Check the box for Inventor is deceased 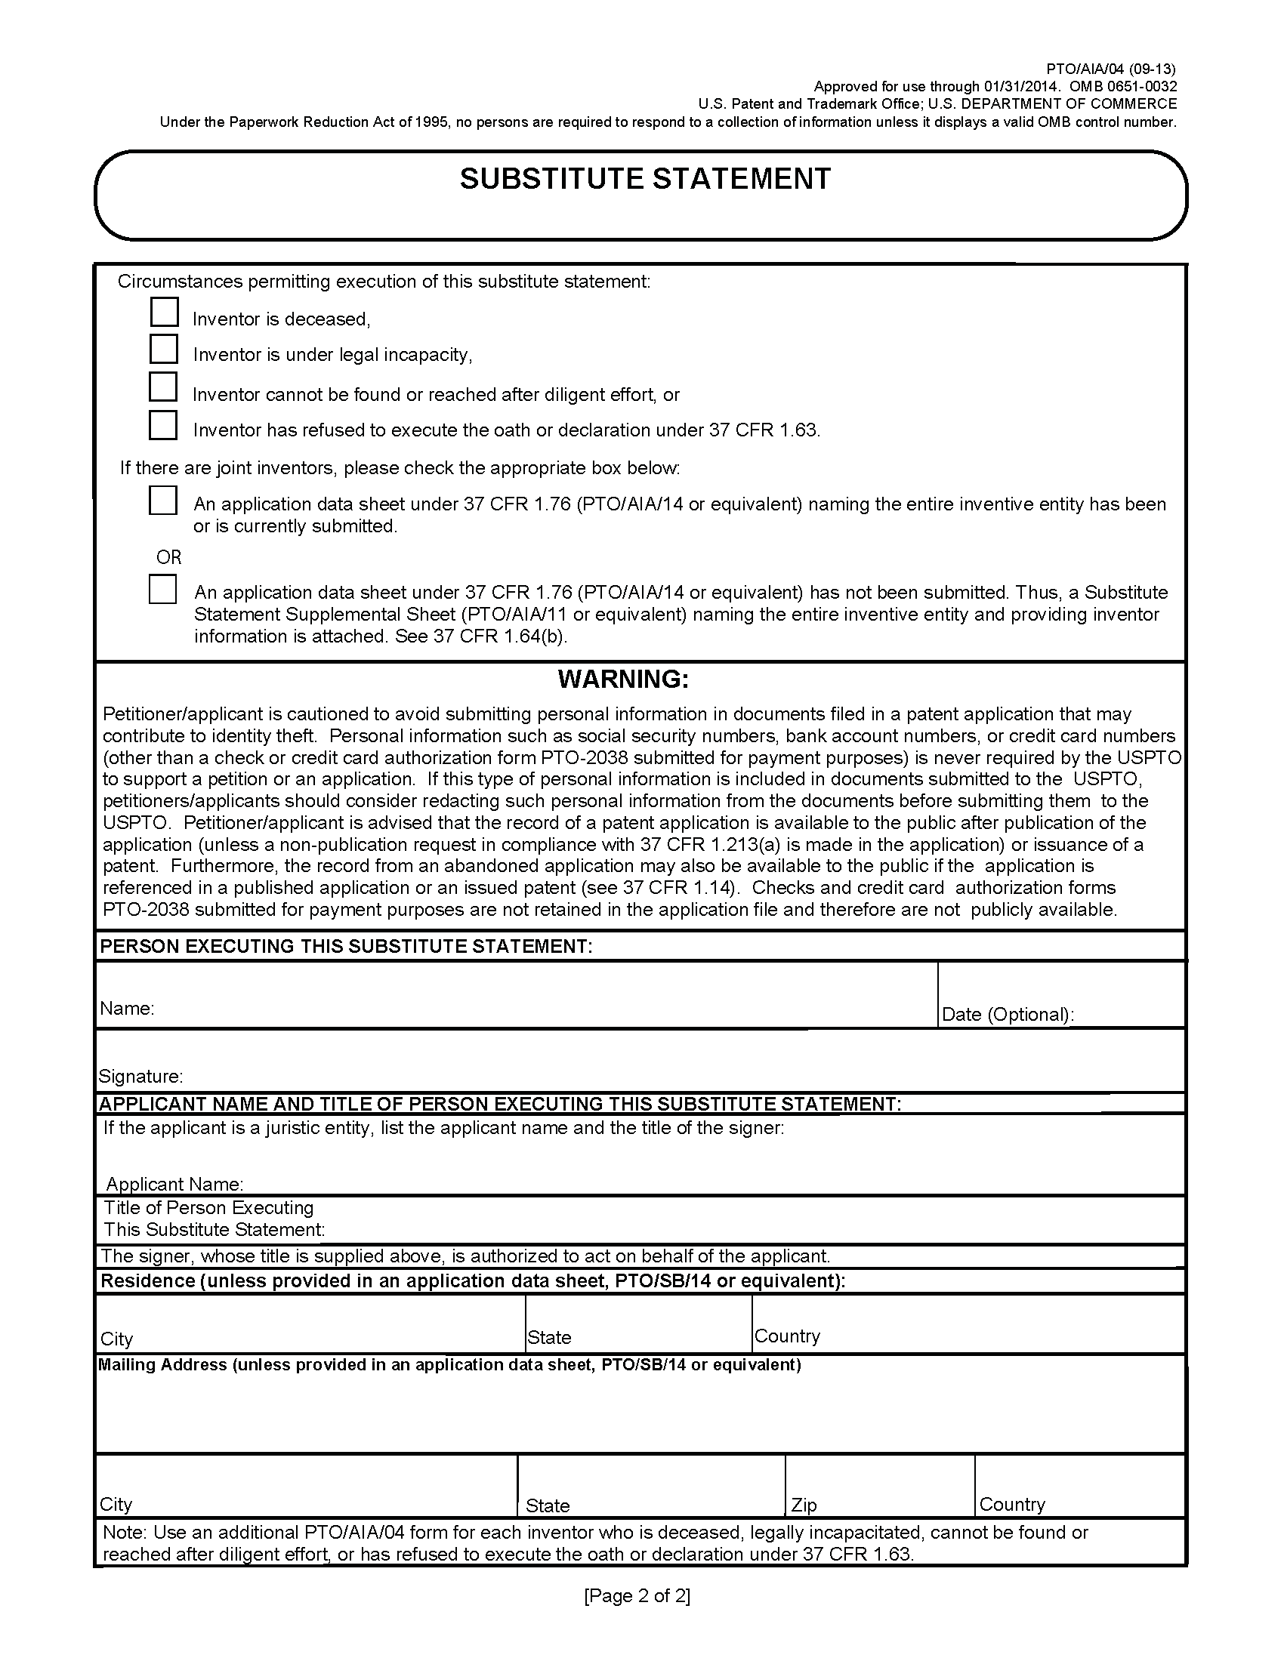pyautogui.click(x=165, y=313)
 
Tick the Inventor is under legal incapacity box pyautogui.click(x=164, y=349)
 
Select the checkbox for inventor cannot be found pyautogui.click(x=163, y=387)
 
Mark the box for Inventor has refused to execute pyautogui.click(x=163, y=425)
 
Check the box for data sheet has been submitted pyautogui.click(x=163, y=501)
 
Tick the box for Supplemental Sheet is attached pyautogui.click(x=163, y=590)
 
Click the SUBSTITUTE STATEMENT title pyautogui.click(x=645, y=180)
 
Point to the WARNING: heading pyautogui.click(x=623, y=679)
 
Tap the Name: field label pyautogui.click(x=127, y=1009)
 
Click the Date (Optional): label pyautogui.click(x=1007, y=1015)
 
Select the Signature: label pyautogui.click(x=140, y=1076)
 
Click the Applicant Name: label pyautogui.click(x=174, y=1184)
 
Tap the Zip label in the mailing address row pyautogui.click(x=804, y=1504)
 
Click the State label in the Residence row pyautogui.click(x=549, y=1338)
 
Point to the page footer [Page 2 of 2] pyautogui.click(x=637, y=1595)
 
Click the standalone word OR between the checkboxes pyautogui.click(x=169, y=557)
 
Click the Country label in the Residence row pyautogui.click(x=787, y=1336)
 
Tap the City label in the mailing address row pyautogui.click(x=116, y=1503)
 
